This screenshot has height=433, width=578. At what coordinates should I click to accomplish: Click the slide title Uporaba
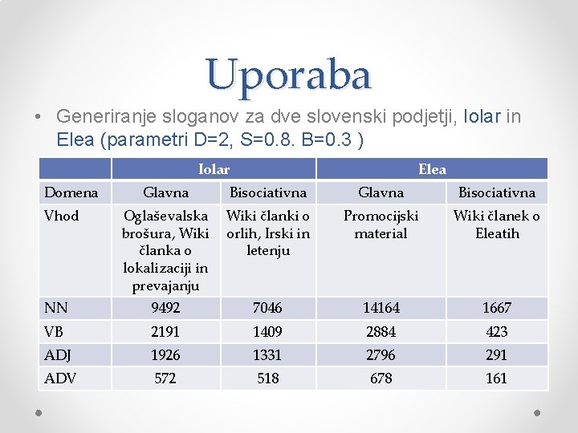pyautogui.click(x=289, y=75)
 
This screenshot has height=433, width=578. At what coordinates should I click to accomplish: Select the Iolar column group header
pyautogui.click(x=214, y=169)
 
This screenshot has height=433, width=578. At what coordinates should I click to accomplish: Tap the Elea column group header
pyautogui.click(x=432, y=169)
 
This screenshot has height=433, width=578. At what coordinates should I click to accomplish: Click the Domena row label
pyautogui.click(x=71, y=192)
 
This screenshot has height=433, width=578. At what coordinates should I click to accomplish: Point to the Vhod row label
pyautogui.click(x=62, y=216)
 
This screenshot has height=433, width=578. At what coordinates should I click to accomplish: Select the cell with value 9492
pyautogui.click(x=165, y=308)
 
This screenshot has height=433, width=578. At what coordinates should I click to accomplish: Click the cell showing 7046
pyautogui.click(x=268, y=308)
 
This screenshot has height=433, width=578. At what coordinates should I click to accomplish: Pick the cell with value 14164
pyautogui.click(x=381, y=308)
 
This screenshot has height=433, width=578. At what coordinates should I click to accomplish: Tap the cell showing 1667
pyautogui.click(x=496, y=308)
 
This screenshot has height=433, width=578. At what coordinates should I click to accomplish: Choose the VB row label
pyautogui.click(x=56, y=332)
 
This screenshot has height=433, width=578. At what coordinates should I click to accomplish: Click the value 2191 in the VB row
pyautogui.click(x=165, y=332)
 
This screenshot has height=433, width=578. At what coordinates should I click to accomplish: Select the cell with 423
pyautogui.click(x=496, y=332)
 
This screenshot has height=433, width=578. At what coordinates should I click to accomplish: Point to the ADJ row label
pyautogui.click(x=59, y=355)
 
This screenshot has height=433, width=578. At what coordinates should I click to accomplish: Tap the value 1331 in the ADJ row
pyautogui.click(x=268, y=355)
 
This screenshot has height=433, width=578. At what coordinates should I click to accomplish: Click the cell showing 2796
pyautogui.click(x=381, y=355)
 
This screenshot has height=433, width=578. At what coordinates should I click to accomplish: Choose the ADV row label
pyautogui.click(x=60, y=378)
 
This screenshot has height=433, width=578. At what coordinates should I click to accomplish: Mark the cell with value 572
pyautogui.click(x=165, y=378)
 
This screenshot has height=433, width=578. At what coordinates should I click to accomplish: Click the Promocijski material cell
pyautogui.click(x=381, y=225)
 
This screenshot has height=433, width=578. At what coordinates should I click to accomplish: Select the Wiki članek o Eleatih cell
pyautogui.click(x=496, y=225)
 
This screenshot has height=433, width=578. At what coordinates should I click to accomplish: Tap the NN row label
pyautogui.click(x=56, y=308)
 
